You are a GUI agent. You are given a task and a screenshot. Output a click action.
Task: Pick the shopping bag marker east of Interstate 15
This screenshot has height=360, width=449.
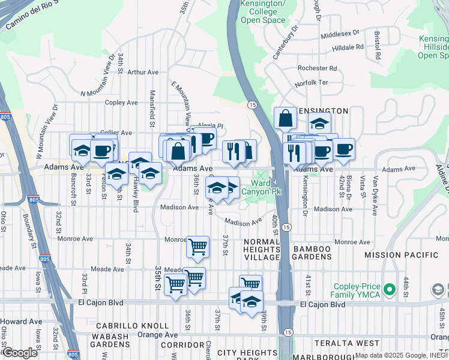tap(285, 118)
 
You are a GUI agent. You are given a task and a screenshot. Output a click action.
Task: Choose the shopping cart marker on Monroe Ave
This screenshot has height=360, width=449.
tap(197, 245)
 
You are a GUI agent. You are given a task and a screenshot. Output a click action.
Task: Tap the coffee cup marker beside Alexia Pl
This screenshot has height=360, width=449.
tap(205, 137)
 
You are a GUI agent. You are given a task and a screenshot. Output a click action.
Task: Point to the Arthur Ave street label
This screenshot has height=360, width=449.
tap(143, 72)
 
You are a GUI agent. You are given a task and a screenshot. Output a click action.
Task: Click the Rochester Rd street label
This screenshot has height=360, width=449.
tap(317, 68)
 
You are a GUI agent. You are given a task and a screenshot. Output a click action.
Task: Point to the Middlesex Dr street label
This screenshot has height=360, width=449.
tap(340, 35)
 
